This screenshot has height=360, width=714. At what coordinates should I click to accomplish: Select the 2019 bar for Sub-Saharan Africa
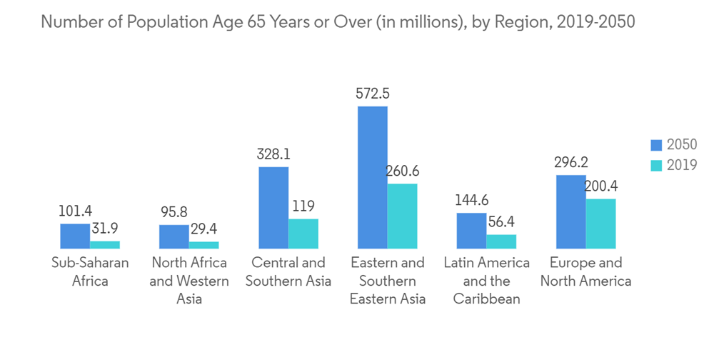(104, 245)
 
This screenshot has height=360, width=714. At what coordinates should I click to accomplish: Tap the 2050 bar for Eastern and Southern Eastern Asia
(373, 177)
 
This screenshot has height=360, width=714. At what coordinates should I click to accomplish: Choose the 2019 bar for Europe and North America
(600, 224)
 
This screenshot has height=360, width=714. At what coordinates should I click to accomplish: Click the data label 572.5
(373, 94)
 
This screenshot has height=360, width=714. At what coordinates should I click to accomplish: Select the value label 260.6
(403, 171)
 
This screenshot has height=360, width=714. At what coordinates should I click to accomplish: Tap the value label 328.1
(273, 154)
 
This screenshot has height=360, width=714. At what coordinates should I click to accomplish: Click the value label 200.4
(600, 186)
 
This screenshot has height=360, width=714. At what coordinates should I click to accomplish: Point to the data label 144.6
(471, 200)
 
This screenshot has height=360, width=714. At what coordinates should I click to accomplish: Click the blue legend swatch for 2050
(657, 145)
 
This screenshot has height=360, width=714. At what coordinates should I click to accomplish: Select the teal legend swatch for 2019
(657, 165)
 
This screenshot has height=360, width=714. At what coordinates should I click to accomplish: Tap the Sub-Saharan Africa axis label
(90, 271)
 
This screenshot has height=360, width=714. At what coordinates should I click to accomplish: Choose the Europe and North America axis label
(585, 271)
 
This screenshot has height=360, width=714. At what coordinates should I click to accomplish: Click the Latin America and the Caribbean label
(486, 280)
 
